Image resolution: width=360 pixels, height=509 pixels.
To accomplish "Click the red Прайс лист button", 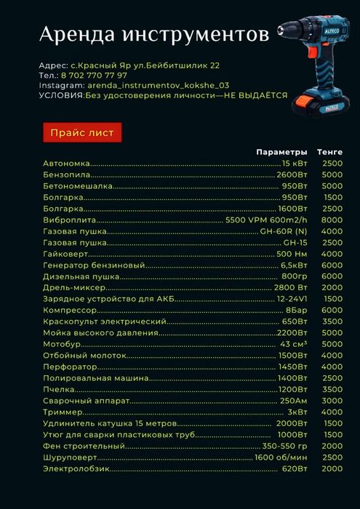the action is [x=81, y=132].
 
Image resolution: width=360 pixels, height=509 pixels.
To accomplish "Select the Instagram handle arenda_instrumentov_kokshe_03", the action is [x=159, y=85].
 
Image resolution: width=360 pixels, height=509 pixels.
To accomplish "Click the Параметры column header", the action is [x=281, y=152].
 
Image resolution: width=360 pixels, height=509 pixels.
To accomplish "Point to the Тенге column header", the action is [x=329, y=152].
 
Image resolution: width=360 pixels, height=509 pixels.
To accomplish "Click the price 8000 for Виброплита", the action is [x=331, y=220].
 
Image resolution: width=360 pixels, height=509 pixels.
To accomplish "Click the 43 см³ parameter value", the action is [x=294, y=344].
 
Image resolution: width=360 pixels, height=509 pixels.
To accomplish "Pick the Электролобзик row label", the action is [x=76, y=469].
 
